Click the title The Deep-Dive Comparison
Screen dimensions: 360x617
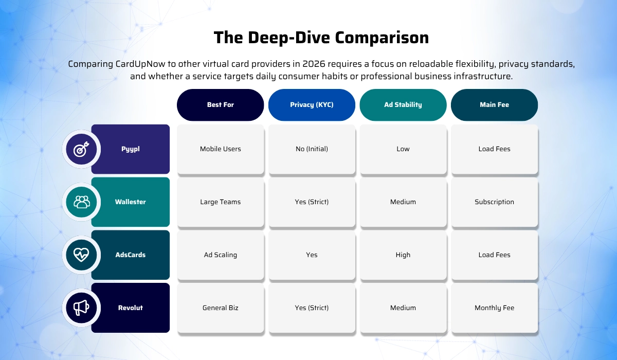click(321, 38)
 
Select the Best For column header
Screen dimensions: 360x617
click(220, 105)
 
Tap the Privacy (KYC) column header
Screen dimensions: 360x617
click(312, 105)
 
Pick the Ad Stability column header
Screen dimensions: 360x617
click(403, 105)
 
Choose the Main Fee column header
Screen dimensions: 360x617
click(494, 105)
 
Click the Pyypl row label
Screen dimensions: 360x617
click(130, 149)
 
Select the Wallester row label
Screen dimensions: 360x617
click(130, 202)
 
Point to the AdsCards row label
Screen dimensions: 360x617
click(130, 255)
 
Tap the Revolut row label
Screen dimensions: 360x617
click(130, 308)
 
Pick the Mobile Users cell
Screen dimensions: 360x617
click(220, 149)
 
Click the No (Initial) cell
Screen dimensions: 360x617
click(312, 149)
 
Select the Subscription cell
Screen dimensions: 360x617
click(494, 202)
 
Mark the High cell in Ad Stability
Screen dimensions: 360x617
click(403, 255)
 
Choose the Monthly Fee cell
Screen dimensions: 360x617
click(494, 308)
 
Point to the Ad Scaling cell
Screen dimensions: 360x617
click(220, 255)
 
